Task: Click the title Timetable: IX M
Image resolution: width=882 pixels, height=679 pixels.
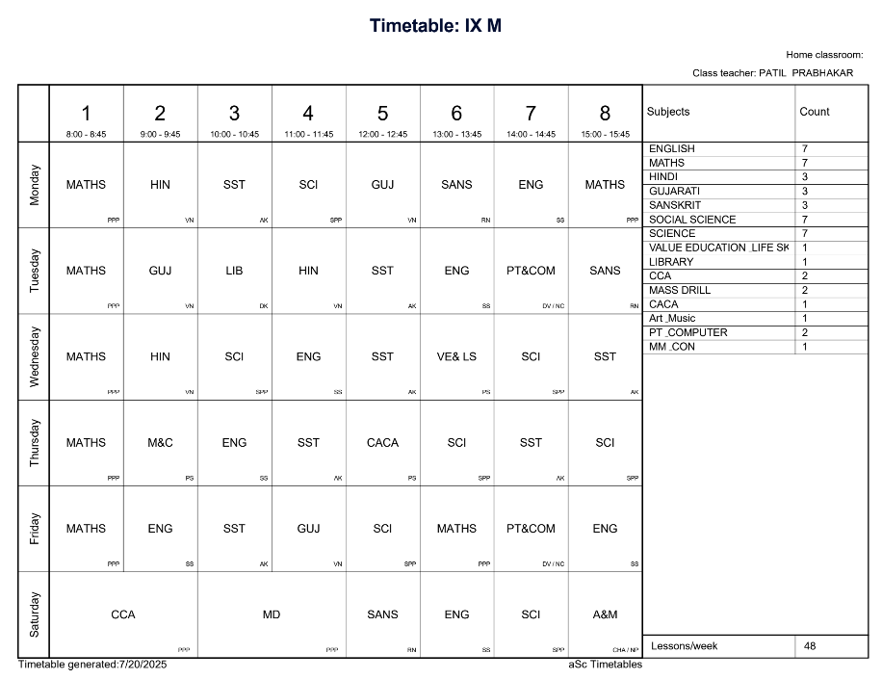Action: [435, 26]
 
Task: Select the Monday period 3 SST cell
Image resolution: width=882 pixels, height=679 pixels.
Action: [234, 185]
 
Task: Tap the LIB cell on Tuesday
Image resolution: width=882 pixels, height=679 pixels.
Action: [234, 271]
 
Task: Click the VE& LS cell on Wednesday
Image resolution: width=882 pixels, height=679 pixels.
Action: [456, 356]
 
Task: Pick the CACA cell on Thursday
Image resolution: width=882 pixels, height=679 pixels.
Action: [382, 443]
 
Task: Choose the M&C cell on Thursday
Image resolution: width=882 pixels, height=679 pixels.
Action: [160, 443]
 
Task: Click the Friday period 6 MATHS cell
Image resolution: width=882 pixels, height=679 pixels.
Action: [456, 529]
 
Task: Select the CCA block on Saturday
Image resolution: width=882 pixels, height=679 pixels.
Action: [123, 614]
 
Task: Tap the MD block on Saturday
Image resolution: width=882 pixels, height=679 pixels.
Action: [272, 614]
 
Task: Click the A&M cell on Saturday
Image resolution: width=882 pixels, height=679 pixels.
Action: [605, 614]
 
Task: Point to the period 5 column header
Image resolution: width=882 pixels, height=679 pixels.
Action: [382, 114]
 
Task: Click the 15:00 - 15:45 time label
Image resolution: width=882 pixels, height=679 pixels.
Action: [605, 135]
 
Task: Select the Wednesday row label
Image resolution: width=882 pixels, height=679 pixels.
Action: [35, 356]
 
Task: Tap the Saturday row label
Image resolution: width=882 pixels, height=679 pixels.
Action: [35, 614]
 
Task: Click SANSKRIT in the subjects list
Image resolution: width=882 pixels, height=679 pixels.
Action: [675, 205]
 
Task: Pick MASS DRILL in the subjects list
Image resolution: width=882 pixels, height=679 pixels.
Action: [680, 290]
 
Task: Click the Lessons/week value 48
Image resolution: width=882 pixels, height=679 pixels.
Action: [810, 646]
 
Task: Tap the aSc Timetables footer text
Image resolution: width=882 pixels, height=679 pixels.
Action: [605, 665]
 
